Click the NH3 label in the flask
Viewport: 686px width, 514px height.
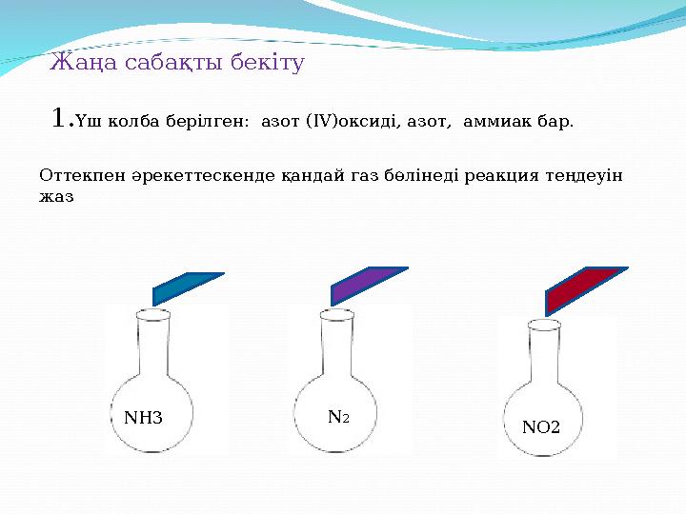point(144,418)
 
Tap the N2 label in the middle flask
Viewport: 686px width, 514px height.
point(337,417)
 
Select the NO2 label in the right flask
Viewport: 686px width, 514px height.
point(541,428)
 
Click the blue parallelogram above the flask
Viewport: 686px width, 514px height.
point(188,287)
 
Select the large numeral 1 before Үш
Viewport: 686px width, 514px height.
point(60,119)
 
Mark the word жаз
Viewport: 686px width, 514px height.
point(57,197)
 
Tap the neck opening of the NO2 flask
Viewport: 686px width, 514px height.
point(543,325)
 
